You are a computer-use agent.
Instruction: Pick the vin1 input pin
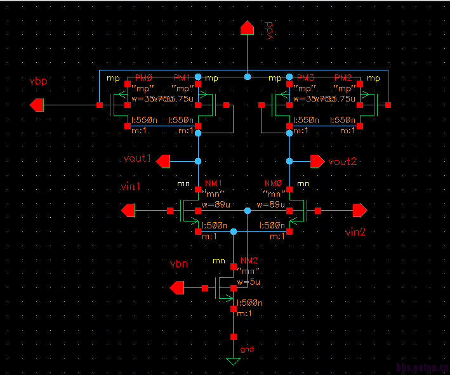pyautogui.click(x=129, y=209)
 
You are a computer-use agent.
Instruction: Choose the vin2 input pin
pyautogui.click(x=360, y=209)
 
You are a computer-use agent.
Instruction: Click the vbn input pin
pyautogui.click(x=178, y=289)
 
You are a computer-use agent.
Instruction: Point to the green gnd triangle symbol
pyautogui.click(x=234, y=362)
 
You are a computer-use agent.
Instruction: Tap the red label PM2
pyautogui.click(x=343, y=77)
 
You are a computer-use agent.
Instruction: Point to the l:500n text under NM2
pyautogui.click(x=250, y=303)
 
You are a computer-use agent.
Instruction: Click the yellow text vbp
pyautogui.click(x=38, y=82)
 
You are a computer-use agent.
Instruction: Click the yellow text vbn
pyautogui.click(x=180, y=263)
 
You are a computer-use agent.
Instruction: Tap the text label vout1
pyautogui.click(x=137, y=158)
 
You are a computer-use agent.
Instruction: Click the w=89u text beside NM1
pyautogui.click(x=215, y=204)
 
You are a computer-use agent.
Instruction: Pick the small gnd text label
pyautogui.click(x=247, y=350)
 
